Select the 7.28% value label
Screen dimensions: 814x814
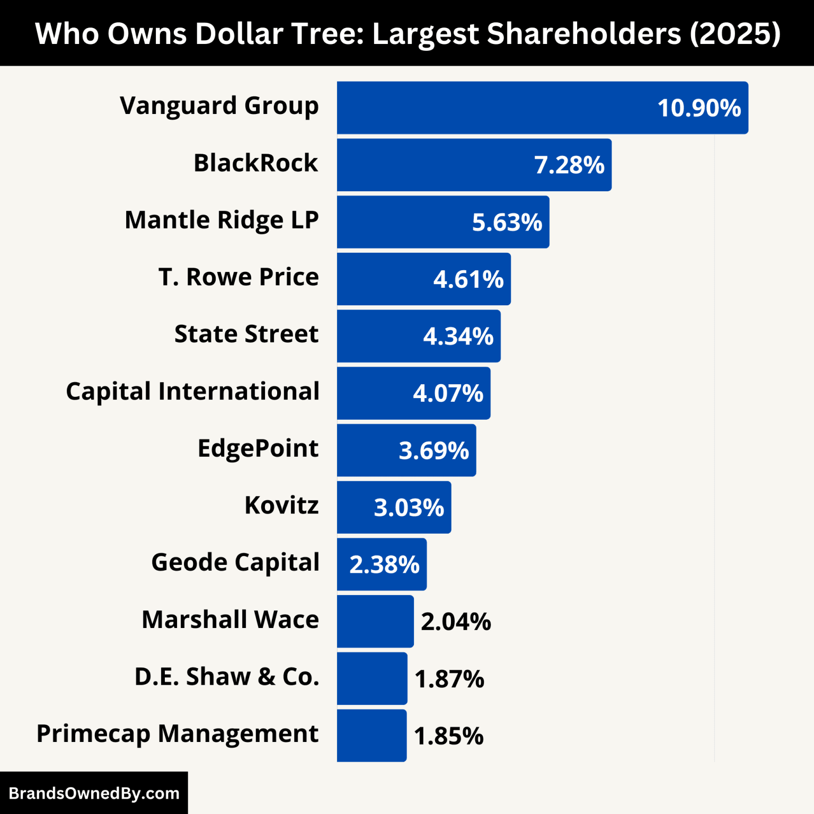569,165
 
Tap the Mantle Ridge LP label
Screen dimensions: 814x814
222,220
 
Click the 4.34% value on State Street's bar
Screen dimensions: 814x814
458,337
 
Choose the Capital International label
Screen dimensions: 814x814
192,392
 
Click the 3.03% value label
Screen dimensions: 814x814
409,508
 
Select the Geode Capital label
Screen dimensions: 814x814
235,563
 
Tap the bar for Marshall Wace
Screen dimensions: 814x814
375,622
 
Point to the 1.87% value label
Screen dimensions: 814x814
449,679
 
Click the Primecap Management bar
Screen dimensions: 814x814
371,736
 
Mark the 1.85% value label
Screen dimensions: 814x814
449,737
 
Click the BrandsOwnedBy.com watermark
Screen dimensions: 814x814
94,793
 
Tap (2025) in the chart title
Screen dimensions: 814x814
735,34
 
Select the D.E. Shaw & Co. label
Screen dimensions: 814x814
227,677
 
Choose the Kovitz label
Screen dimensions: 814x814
281,506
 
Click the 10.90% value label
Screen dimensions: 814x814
699,108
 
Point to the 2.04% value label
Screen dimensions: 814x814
456,622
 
